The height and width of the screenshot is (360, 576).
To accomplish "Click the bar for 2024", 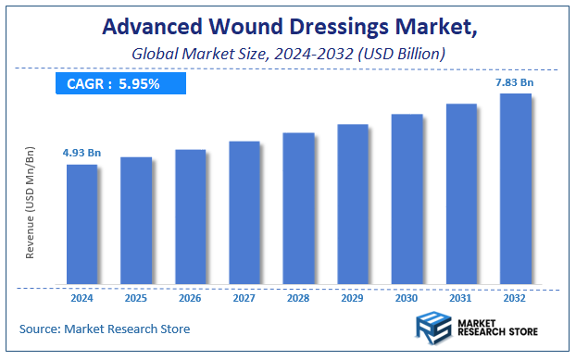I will point(81,224).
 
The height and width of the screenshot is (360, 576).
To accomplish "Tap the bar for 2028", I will point(298,208).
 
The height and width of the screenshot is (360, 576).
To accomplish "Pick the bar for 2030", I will point(407,199).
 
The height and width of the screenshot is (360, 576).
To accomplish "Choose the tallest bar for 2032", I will point(515,189).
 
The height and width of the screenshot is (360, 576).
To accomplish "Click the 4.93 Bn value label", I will point(81,152).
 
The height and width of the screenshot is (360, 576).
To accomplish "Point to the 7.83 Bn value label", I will point(515,82).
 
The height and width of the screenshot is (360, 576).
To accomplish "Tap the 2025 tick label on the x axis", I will point(136,299).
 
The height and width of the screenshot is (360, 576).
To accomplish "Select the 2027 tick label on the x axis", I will point(244,299).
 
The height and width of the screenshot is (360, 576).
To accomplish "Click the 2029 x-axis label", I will point(353,299).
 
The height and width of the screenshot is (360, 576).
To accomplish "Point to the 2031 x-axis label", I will point(461,299).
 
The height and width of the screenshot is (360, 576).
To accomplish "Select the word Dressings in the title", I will point(357,28).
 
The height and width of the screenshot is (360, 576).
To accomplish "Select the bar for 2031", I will point(461,193).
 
